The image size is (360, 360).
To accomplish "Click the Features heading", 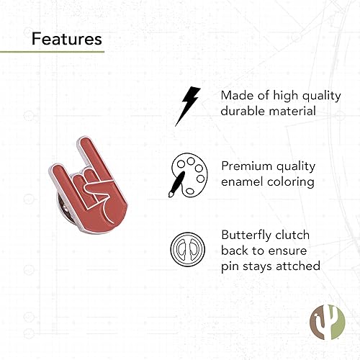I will click(66, 38).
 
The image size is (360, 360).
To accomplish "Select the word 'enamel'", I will click(243, 181).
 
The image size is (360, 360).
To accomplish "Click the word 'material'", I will click(292, 112).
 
